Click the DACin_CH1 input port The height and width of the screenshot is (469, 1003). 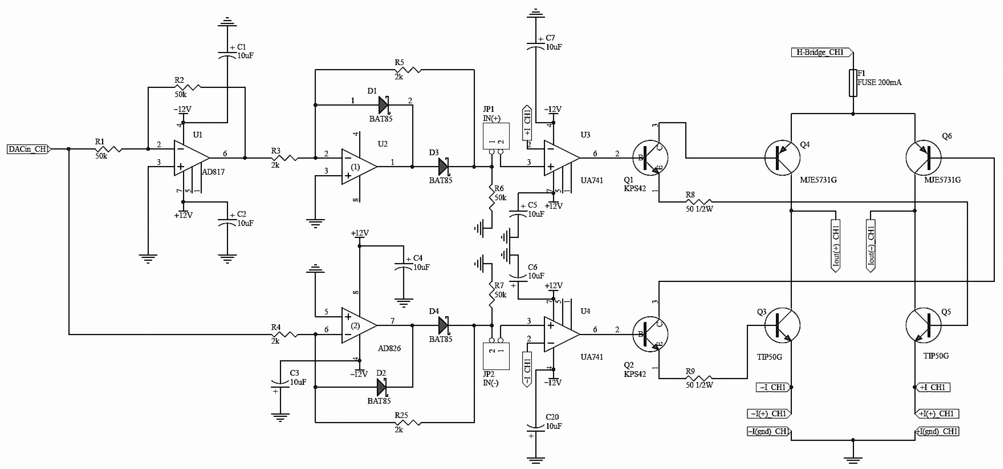pyautogui.click(x=28, y=149)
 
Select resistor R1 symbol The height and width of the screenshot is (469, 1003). pyautogui.click(x=109, y=149)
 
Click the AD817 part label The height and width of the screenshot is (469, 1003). pyautogui.click(x=213, y=172)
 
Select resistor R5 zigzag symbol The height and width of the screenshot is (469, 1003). pyautogui.click(x=408, y=70)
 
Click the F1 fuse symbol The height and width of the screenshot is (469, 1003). pyautogui.click(x=853, y=83)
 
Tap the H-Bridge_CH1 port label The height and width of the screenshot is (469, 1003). pyautogui.click(x=821, y=52)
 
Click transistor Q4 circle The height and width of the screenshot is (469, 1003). pyautogui.click(x=782, y=158)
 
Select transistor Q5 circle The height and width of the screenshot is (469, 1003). pyautogui.click(x=923, y=325)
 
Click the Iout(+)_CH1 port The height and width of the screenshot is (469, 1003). pyautogui.click(x=835, y=245)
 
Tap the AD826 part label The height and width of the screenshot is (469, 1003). pyautogui.click(x=389, y=348)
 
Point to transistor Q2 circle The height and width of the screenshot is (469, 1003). pyautogui.click(x=650, y=334)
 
